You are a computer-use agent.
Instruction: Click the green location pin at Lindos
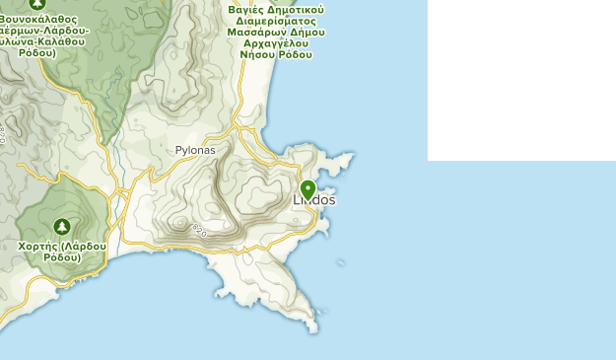point(308,188)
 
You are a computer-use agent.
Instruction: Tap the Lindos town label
point(314,200)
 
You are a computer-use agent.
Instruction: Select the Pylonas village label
point(195,150)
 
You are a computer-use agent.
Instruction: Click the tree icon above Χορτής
point(63,226)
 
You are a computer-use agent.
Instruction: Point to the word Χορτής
point(36,246)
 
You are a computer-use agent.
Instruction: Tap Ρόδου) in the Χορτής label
point(61,257)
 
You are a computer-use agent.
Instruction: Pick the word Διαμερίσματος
point(276,21)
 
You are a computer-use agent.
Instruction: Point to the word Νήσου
point(259,56)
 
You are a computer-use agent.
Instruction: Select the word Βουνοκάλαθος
point(42,18)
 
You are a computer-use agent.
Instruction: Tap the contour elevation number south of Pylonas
point(200,230)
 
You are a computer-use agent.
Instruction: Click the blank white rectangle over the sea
point(521,79)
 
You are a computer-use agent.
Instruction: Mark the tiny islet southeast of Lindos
point(342,262)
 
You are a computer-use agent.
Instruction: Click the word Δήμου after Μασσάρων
point(307,33)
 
